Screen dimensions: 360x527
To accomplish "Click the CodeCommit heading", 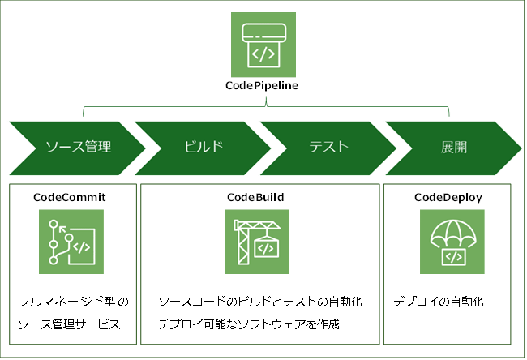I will click(x=70, y=197).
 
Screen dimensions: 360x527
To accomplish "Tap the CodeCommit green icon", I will click(x=71, y=242).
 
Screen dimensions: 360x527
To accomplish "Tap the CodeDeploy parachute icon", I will click(x=452, y=242).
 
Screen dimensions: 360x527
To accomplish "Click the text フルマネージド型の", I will click(x=73, y=302).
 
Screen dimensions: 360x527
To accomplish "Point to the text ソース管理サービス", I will click(x=69, y=325).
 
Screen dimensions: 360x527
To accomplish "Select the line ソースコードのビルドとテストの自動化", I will click(x=259, y=302).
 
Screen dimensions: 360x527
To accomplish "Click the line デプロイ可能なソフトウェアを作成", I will click(x=248, y=325).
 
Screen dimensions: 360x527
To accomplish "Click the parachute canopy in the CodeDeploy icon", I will click(x=452, y=230).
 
